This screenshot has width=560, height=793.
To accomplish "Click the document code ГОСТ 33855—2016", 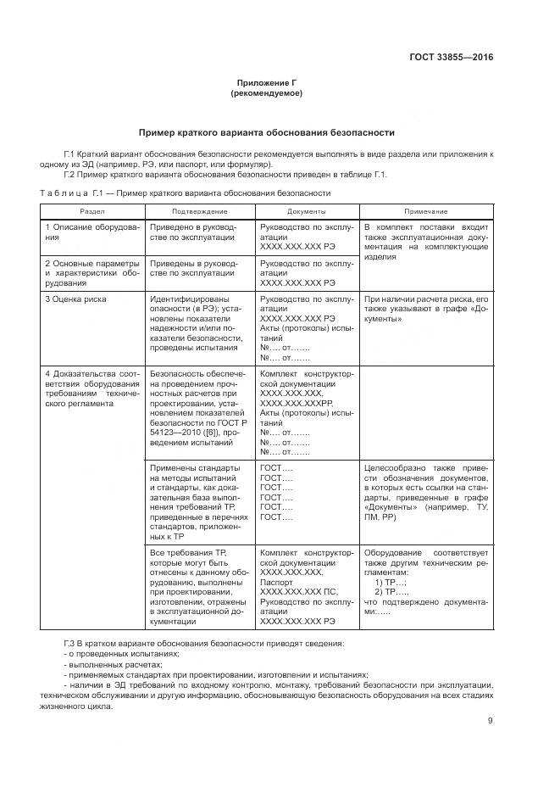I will coord(452,58).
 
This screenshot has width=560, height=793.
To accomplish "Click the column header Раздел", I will coord(92,210).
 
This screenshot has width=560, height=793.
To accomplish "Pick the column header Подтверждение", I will coord(199,210).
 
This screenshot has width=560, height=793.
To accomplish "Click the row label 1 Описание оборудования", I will coord(91,233).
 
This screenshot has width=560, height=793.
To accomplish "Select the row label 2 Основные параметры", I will coord(91,272).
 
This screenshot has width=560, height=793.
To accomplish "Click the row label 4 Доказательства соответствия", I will coord(91,388).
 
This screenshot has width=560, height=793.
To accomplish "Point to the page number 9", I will coord(491,721).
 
